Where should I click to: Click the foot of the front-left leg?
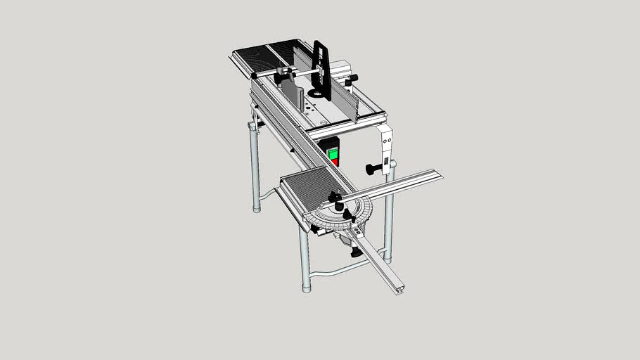pos(306,287)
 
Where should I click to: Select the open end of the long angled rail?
pos(399,288)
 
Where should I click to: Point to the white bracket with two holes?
pos(385,148)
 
